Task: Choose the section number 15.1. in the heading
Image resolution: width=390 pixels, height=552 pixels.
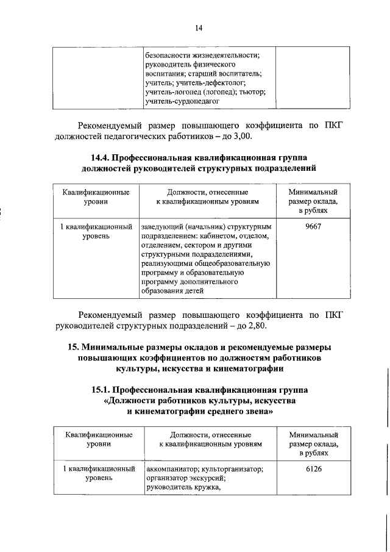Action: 104,389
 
